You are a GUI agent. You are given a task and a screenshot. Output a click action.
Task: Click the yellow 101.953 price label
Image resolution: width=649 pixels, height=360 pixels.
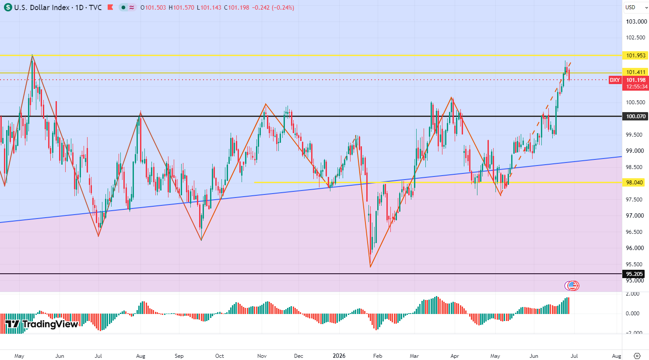pyautogui.click(x=635, y=55)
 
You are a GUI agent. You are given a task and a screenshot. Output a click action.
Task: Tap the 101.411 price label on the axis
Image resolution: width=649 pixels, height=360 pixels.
pyautogui.click(x=635, y=72)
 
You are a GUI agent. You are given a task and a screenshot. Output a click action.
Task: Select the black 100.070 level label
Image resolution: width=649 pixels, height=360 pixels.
pyautogui.click(x=635, y=116)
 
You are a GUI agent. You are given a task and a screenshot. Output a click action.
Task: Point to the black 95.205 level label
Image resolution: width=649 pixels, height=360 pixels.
pyautogui.click(x=634, y=274)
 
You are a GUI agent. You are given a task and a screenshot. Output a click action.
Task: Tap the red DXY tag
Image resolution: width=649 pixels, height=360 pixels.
pyautogui.click(x=615, y=80)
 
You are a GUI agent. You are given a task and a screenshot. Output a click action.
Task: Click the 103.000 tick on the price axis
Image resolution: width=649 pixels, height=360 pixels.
pyautogui.click(x=636, y=22)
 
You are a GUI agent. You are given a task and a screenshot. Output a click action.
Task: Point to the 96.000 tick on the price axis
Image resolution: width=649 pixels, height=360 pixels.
pyautogui.click(x=635, y=248)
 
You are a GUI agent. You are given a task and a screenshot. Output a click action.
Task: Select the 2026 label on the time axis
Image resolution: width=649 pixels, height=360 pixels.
pyautogui.click(x=339, y=356)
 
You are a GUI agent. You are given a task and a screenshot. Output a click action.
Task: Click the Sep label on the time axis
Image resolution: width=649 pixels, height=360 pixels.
pyautogui.click(x=179, y=356)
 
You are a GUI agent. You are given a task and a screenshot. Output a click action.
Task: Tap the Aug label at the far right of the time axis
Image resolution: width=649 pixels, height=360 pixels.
pyautogui.click(x=617, y=356)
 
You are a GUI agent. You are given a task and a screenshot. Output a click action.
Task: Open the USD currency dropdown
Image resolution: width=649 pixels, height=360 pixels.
pyautogui.click(x=636, y=7)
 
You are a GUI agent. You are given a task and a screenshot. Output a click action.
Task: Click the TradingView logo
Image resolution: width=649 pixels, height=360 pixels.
pyautogui.click(x=42, y=324)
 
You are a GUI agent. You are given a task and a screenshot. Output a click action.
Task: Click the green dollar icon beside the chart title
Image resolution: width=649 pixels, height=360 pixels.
pyautogui.click(x=8, y=7)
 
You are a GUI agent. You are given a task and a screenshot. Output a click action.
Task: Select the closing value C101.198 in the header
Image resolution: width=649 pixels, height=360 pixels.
pyautogui.click(x=237, y=7)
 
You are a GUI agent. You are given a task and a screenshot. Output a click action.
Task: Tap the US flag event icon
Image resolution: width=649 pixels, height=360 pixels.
pyautogui.click(x=572, y=286)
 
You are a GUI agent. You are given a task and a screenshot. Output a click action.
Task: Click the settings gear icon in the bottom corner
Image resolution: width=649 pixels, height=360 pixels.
pyautogui.click(x=637, y=356)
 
